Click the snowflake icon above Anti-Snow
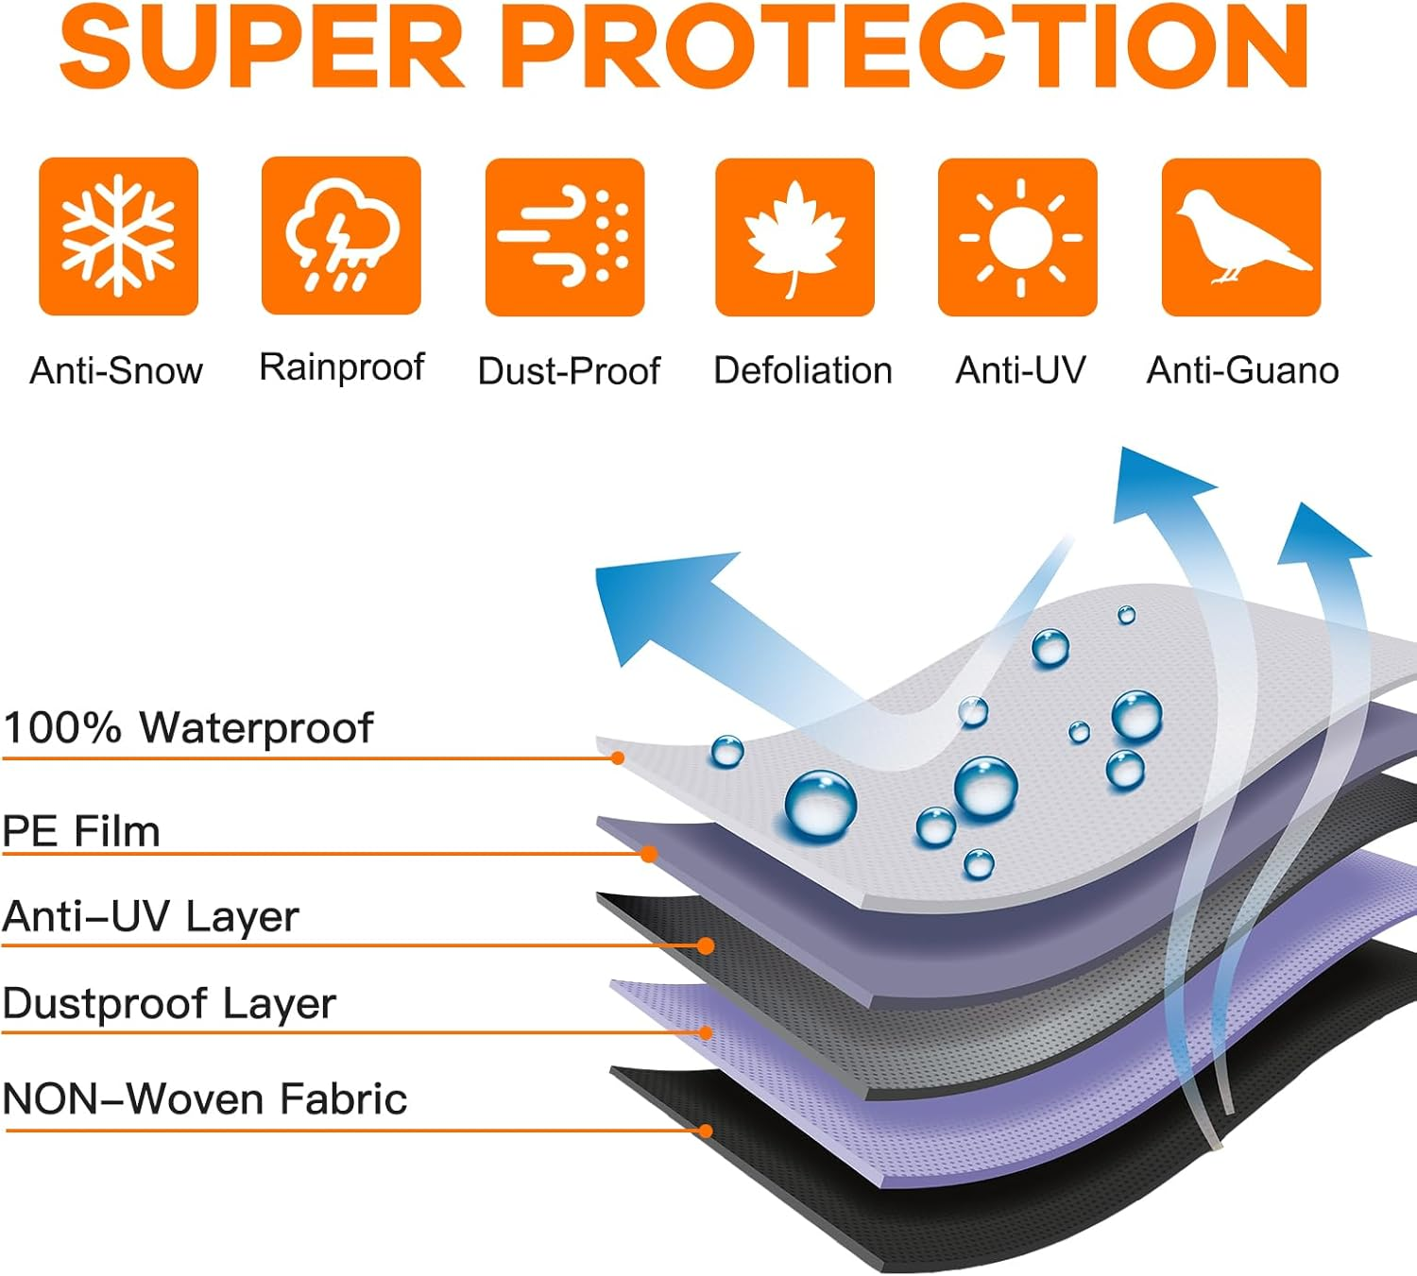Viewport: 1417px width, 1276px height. pos(119,236)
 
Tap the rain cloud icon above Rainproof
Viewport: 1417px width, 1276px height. pos(341,235)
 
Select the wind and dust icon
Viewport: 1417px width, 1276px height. pos(564,237)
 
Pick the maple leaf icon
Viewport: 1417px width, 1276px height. pos(794,237)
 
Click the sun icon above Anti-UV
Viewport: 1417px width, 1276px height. pos(1018,237)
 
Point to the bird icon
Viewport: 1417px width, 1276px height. pos(1241,237)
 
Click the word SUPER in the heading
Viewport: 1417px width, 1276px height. pos(262,46)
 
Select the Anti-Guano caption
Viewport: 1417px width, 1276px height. pos(1242,370)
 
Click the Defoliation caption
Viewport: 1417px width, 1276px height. pos(802,370)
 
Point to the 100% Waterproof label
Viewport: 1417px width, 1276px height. pos(188,728)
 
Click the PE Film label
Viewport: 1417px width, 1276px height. pos(81,831)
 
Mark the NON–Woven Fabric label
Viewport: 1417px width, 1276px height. pos(205,1098)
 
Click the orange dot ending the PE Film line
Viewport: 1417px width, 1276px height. pos(649,854)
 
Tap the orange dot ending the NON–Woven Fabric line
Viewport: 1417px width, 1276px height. pos(705,1131)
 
